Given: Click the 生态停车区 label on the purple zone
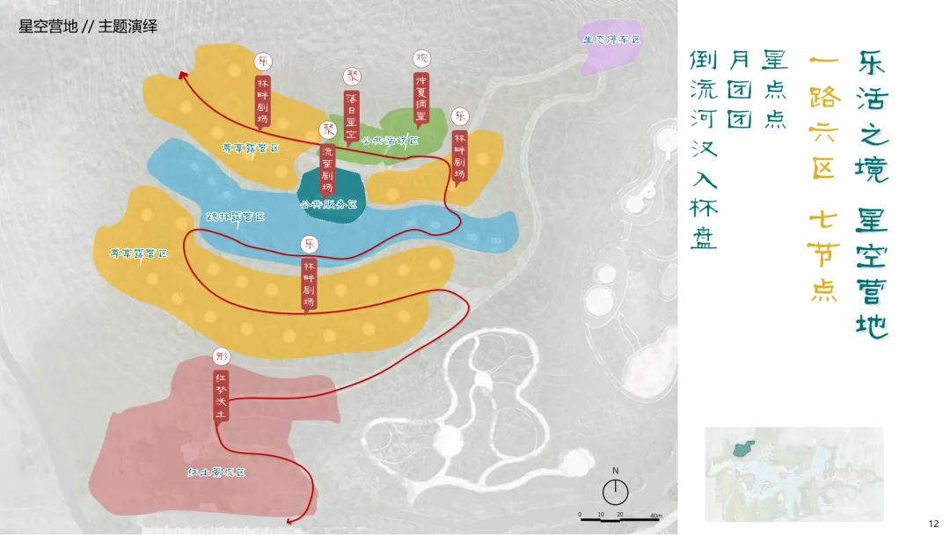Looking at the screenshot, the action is (610, 40).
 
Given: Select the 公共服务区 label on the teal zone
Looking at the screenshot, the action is (328, 204).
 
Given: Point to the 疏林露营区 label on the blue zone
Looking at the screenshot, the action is (235, 216).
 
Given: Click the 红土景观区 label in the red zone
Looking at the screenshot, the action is (216, 473).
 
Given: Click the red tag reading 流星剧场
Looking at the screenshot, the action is (328, 168).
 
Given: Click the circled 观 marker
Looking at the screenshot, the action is (422, 58).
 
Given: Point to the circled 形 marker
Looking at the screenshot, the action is (221, 356).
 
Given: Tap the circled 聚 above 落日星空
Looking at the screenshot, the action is (351, 76).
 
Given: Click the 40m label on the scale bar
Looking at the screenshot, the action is (655, 515).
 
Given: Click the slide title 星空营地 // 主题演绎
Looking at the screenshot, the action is (88, 26).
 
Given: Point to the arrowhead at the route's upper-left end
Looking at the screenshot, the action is (185, 75).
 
